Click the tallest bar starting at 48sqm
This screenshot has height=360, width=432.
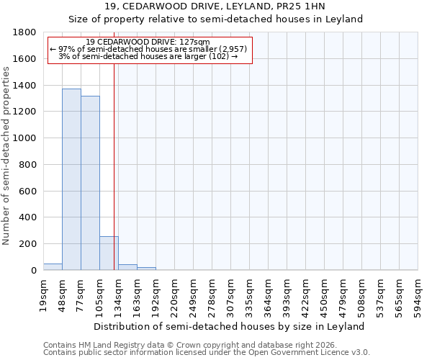71,179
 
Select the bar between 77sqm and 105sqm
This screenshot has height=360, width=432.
90,183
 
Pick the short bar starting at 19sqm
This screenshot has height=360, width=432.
53,266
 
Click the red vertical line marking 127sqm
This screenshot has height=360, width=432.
114,166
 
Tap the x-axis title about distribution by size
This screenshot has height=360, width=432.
230,326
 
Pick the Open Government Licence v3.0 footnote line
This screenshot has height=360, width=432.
206,353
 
